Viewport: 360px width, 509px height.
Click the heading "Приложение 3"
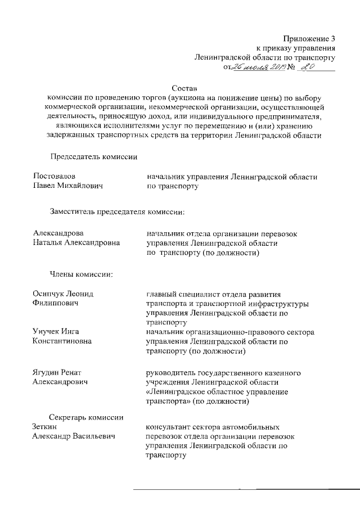tap(308, 39)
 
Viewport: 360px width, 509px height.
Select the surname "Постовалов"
tap(54, 177)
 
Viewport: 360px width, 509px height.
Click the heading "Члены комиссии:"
tap(81, 274)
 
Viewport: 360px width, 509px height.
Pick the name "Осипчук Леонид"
tap(63, 295)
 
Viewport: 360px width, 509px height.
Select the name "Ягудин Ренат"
tap(58, 373)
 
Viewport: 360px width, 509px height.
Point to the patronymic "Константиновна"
tap(62, 341)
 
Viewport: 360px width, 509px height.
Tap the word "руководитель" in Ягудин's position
tap(172, 373)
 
